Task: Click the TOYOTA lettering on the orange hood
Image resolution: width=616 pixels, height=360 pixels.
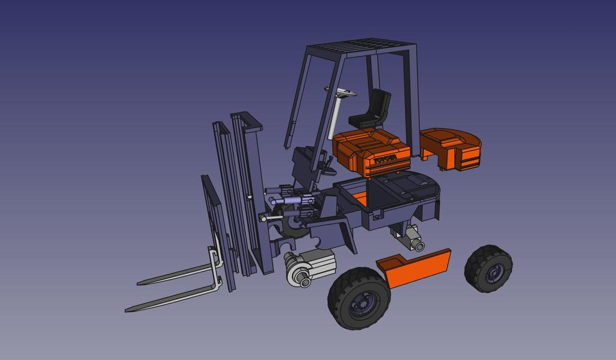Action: [385, 160]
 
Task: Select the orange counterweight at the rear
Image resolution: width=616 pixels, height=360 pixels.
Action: [452, 148]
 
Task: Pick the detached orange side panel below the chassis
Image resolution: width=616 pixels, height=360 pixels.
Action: [419, 268]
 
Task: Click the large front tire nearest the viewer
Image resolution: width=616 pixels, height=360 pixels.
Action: [359, 298]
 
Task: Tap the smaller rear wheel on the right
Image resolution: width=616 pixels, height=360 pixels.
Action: [488, 268]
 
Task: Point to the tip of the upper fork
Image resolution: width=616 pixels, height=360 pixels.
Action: [142, 282]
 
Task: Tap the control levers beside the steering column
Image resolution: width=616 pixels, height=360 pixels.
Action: [325, 163]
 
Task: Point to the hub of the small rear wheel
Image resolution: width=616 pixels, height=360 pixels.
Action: [494, 272]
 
